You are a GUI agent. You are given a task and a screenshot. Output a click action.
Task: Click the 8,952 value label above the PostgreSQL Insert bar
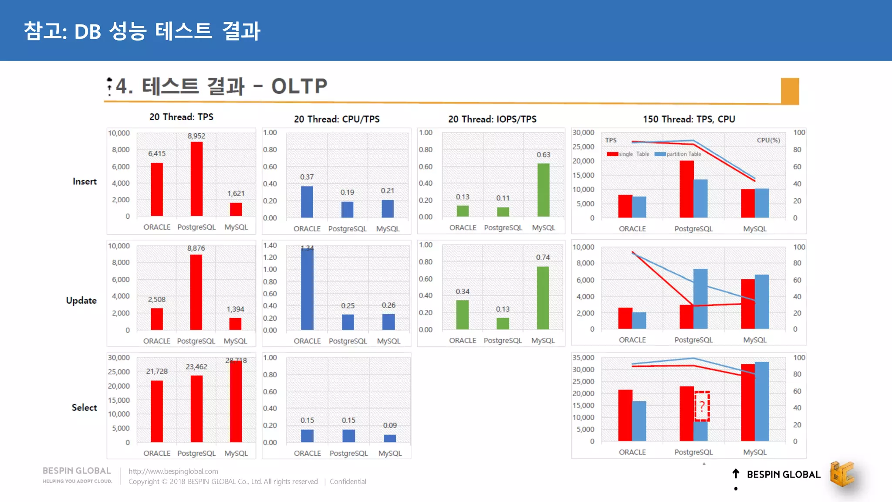[x=196, y=136]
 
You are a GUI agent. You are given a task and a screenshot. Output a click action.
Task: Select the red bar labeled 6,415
[x=157, y=189]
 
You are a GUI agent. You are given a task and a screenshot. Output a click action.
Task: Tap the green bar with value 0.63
[x=543, y=190]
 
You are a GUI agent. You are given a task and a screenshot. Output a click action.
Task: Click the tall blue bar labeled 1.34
[x=307, y=288]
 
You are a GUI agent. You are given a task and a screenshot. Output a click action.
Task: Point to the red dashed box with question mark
[x=702, y=406]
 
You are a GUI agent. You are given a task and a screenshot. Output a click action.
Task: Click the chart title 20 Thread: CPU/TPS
[x=337, y=119]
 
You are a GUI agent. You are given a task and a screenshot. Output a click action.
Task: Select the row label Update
[x=81, y=300]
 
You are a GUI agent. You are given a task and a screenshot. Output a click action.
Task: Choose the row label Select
[x=84, y=407]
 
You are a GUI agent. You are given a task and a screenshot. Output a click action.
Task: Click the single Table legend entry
[x=628, y=154]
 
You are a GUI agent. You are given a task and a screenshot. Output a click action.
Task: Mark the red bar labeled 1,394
[x=235, y=323]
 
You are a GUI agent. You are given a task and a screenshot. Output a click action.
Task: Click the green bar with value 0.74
[x=543, y=298]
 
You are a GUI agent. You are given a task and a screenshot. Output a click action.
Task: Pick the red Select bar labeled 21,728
[x=157, y=411]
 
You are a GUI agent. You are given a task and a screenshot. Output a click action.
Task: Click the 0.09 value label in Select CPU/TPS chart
[x=390, y=425]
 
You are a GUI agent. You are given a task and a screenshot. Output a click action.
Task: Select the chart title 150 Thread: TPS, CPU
[x=689, y=119]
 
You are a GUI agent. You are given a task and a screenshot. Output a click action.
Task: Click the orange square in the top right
[x=790, y=91]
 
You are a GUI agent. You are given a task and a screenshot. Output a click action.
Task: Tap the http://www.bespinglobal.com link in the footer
[x=173, y=471]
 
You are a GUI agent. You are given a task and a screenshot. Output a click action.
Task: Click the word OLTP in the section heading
[x=299, y=86]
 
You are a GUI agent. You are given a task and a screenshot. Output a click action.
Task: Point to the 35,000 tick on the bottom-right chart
[x=583, y=357]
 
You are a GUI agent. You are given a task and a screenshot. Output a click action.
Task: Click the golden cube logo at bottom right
[x=841, y=474]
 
